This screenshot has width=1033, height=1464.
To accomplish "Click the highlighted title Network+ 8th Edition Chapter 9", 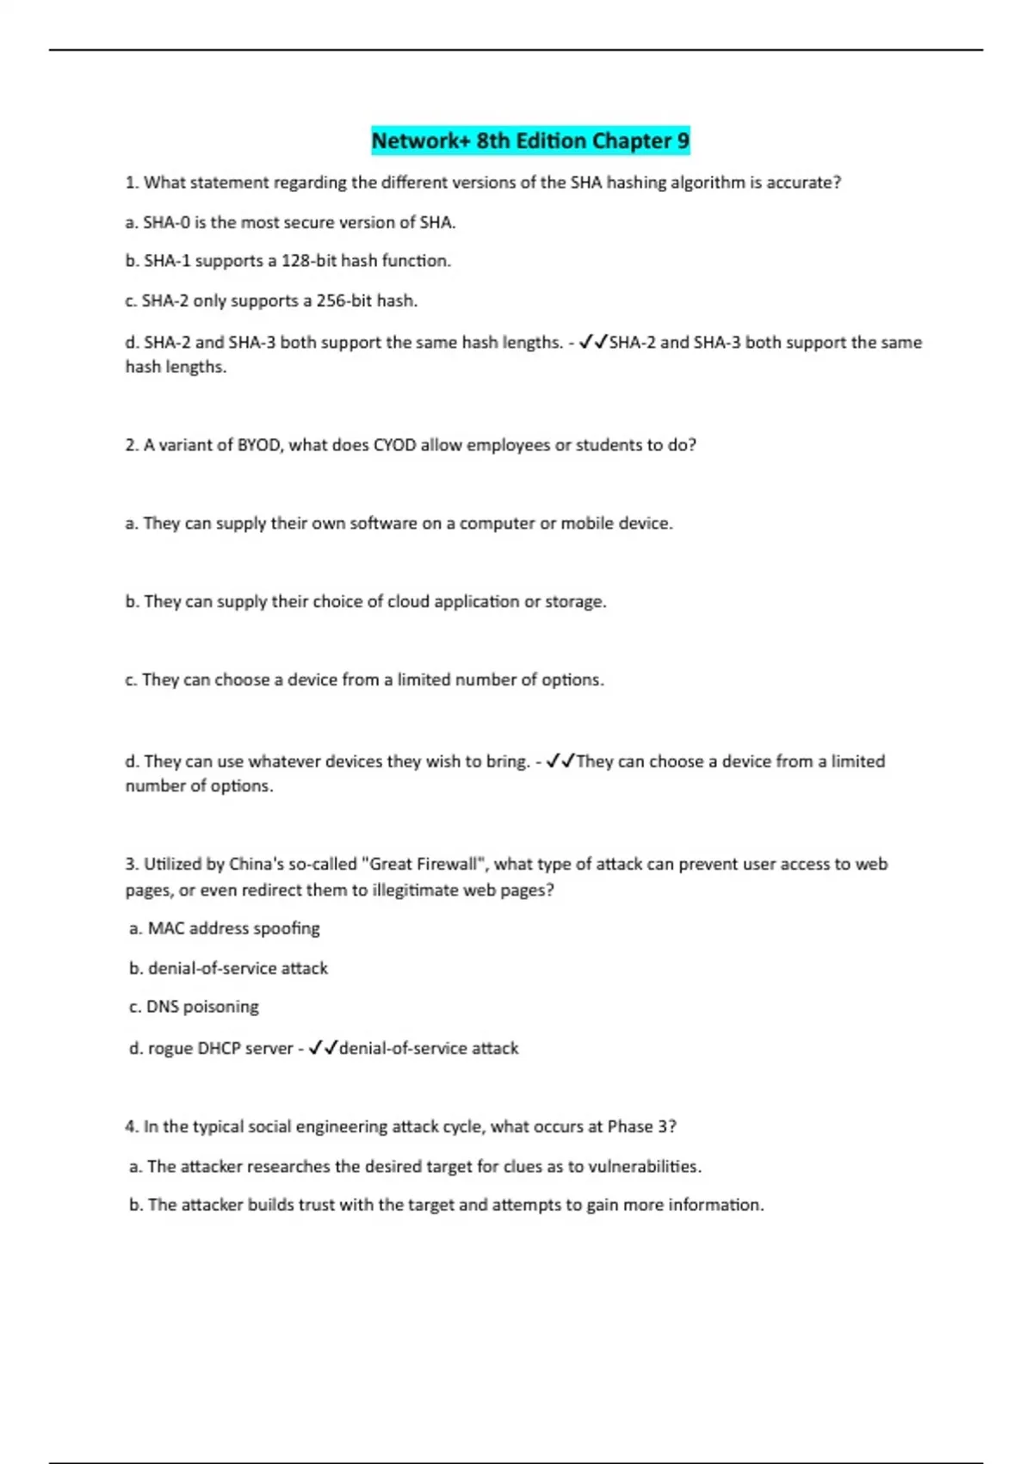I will [530, 140].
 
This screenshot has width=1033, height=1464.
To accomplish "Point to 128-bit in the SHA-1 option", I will [308, 261].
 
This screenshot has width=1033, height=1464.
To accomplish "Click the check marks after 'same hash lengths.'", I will [593, 343].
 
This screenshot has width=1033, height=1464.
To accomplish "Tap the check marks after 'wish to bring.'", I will [560, 761].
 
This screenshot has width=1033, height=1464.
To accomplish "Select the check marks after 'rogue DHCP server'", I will [323, 1048].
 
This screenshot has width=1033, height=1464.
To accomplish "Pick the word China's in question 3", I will [257, 864].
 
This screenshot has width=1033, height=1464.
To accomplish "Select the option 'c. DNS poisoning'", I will [194, 1007].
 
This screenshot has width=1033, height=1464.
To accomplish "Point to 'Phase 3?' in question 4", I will [642, 1126].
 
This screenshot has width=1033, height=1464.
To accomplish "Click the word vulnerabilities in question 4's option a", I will [644, 1167].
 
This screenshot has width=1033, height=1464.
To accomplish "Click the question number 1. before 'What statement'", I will [132, 183].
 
